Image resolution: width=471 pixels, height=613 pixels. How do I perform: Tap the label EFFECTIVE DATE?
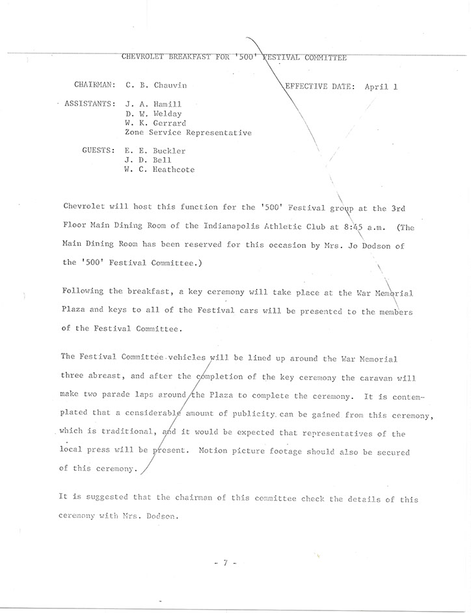320,86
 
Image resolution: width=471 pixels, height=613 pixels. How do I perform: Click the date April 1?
381,86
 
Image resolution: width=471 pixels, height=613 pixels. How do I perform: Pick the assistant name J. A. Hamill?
154,104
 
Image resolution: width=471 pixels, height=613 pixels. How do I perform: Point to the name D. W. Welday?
154,113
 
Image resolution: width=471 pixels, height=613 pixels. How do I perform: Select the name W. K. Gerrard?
155,123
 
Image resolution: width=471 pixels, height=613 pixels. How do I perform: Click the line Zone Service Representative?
188,133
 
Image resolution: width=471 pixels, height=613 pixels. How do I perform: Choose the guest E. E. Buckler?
155,151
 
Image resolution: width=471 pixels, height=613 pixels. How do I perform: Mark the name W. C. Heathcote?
159,170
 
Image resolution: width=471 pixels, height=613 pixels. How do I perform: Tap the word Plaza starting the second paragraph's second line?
74,311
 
